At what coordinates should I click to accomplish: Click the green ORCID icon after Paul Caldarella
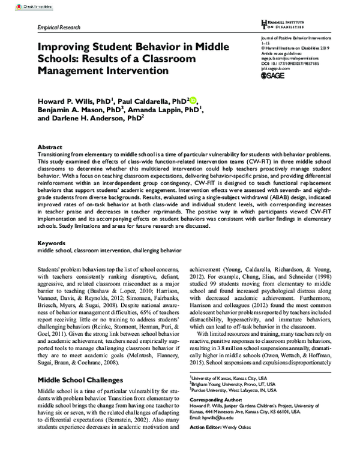(193, 101)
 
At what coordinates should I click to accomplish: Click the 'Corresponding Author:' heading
(214, 399)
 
